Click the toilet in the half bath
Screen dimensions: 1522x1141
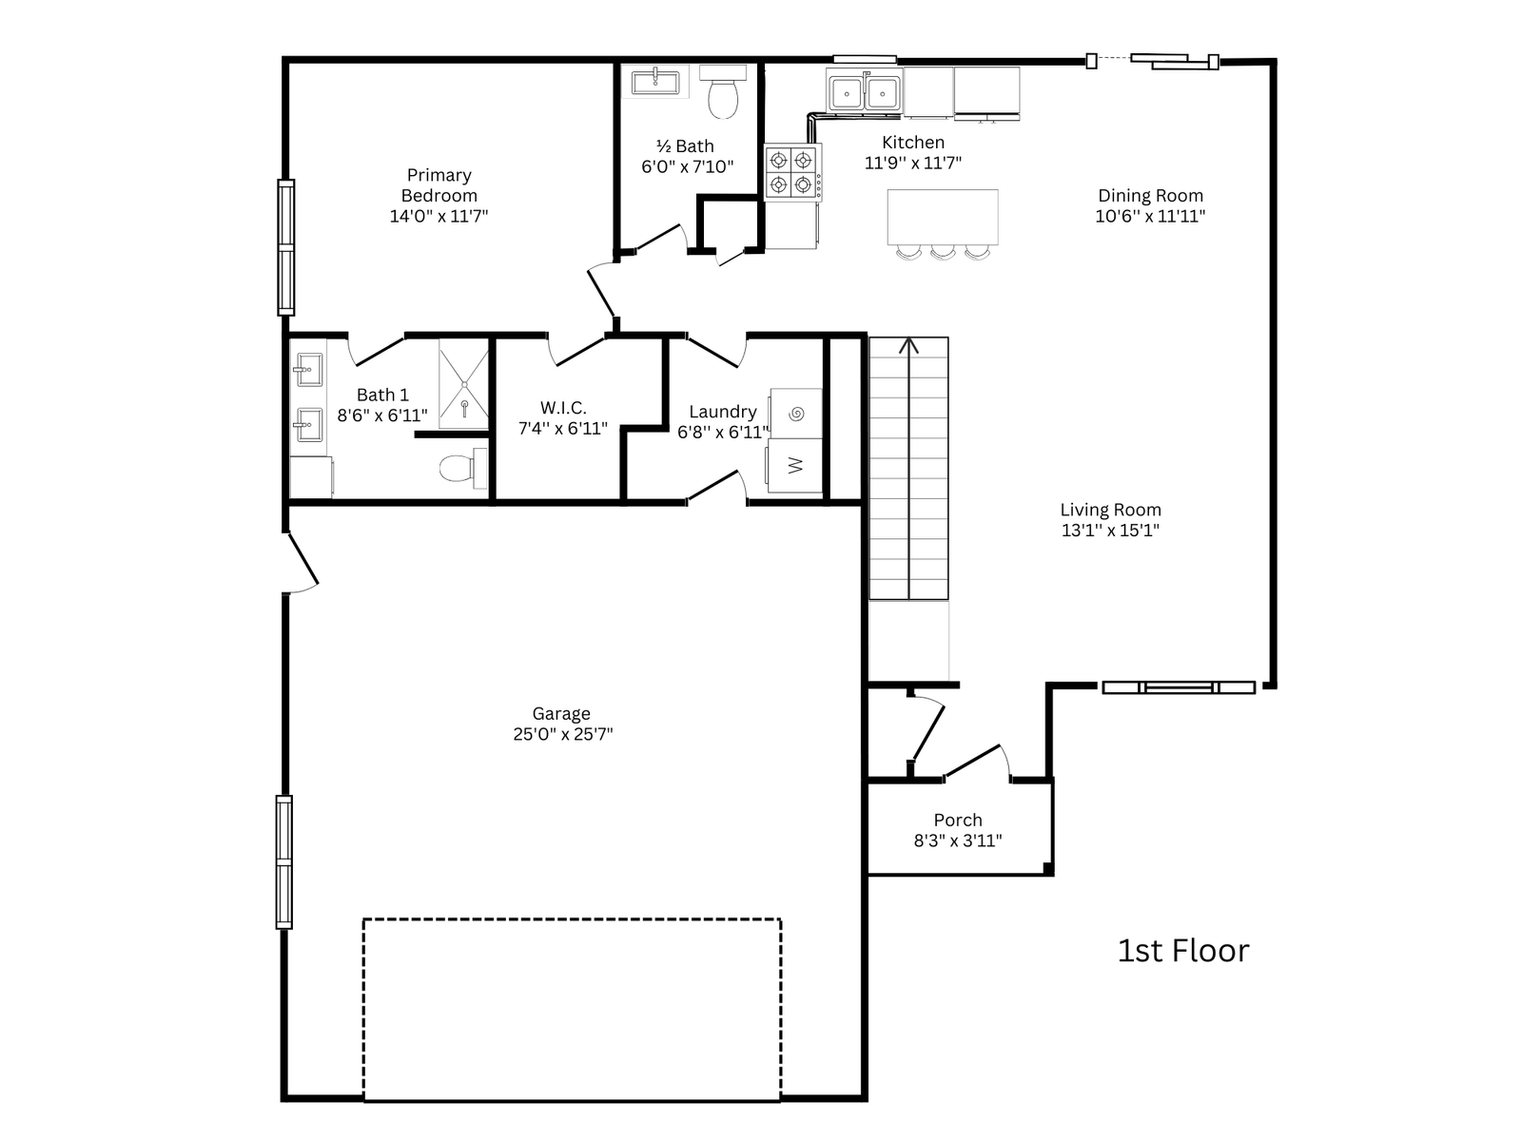tap(723, 92)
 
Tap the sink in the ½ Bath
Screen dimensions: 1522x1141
tap(655, 83)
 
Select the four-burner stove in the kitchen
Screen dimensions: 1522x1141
tap(792, 172)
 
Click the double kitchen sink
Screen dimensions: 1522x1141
tap(865, 91)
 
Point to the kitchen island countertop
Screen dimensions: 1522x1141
tap(943, 217)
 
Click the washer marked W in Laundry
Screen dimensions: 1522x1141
tap(794, 466)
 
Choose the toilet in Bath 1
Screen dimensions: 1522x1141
tap(463, 469)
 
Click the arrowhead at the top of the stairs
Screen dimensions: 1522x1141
tap(908, 344)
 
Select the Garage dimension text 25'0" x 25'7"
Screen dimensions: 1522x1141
tap(562, 734)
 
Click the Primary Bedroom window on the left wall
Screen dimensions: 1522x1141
tap(285, 247)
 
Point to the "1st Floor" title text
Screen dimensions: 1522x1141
tap(1183, 951)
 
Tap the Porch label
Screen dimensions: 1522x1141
tap(958, 820)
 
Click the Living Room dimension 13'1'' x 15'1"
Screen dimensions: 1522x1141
tap(1110, 530)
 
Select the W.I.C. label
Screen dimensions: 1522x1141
tap(563, 407)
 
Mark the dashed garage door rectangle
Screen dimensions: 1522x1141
tap(572, 1010)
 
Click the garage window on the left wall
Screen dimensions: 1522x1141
tap(284, 861)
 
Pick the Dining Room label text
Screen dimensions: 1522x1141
tap(1150, 195)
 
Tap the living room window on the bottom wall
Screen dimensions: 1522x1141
tap(1179, 687)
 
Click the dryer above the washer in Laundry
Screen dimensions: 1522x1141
tap(796, 414)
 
